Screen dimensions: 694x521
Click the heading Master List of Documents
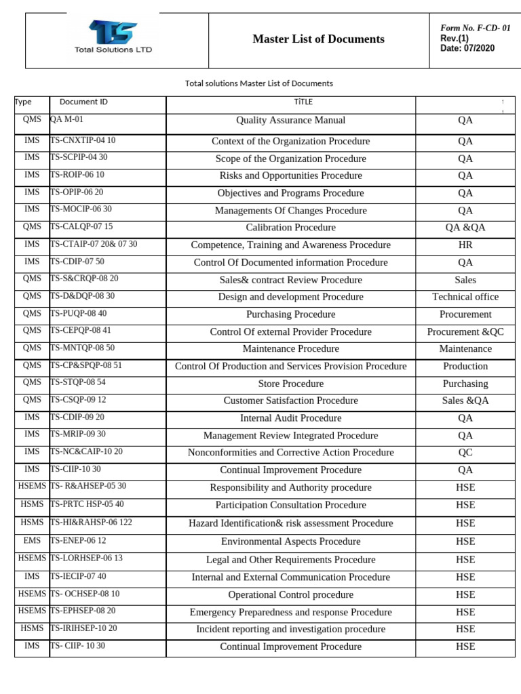(x=318, y=39)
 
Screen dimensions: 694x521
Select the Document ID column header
(x=83, y=102)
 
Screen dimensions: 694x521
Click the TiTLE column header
(x=290, y=102)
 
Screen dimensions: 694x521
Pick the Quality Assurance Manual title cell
(x=290, y=121)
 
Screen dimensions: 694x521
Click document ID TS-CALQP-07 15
(x=81, y=227)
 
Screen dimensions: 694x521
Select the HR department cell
(x=465, y=245)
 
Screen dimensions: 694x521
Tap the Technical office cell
(x=465, y=297)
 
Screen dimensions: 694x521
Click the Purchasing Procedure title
(x=290, y=314)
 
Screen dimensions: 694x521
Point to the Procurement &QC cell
(x=465, y=332)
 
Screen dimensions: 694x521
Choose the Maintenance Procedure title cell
(x=290, y=349)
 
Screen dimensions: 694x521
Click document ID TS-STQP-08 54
(x=78, y=383)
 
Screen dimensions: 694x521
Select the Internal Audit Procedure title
(x=290, y=418)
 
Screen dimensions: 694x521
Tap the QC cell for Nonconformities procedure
(x=465, y=453)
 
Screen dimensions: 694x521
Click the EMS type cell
(x=32, y=541)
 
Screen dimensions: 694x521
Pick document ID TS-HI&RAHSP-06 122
(x=86, y=523)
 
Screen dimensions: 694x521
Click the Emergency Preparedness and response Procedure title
(x=290, y=612)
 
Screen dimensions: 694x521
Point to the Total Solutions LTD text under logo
(x=113, y=49)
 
